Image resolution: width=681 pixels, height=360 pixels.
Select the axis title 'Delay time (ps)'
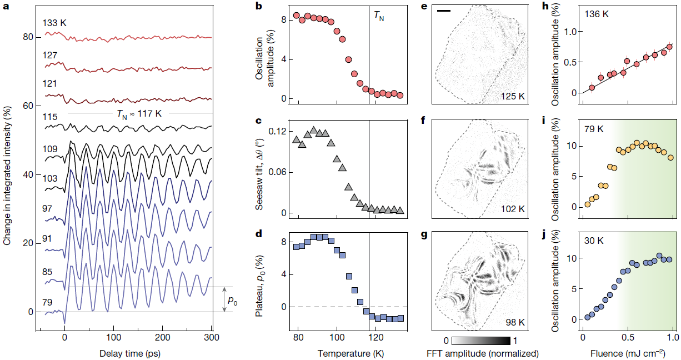point(126,353)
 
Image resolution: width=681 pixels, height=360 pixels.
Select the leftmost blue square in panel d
point(296,247)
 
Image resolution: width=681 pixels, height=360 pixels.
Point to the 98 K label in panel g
point(515,322)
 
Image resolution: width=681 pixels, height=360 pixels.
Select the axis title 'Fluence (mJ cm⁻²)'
point(629,353)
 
